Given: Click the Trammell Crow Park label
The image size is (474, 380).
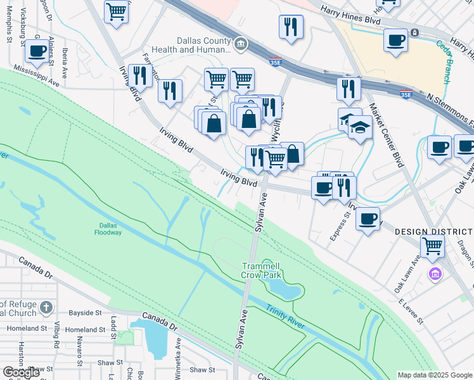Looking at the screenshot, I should (261, 271).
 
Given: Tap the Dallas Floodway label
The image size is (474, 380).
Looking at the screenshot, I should (112, 229).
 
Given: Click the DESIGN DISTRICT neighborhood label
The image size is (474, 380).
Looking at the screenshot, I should (434, 232).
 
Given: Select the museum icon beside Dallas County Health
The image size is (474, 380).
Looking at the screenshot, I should (241, 44).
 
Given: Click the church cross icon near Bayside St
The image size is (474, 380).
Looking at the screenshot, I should (46, 308).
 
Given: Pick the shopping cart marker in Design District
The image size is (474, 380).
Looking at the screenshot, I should (433, 244).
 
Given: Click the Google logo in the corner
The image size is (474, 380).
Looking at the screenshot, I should (22, 372).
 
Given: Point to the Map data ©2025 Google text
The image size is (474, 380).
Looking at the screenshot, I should (434, 375).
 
